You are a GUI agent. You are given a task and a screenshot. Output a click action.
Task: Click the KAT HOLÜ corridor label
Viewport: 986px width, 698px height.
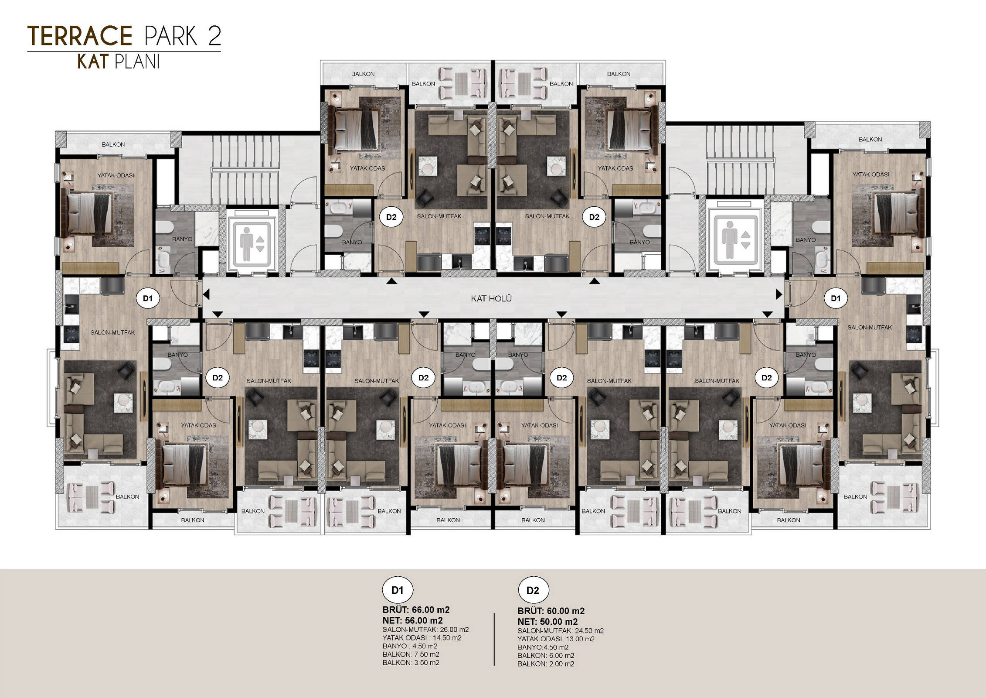491,299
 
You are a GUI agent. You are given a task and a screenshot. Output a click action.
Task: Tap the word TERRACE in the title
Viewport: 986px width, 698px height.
80,36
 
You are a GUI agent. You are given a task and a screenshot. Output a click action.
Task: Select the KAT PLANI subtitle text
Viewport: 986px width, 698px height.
119,62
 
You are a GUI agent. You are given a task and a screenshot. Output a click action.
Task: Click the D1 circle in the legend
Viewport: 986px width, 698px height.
398,591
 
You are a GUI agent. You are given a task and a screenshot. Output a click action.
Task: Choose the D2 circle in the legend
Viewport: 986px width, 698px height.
533,591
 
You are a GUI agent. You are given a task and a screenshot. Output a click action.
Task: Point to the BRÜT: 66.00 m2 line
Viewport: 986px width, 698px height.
416,610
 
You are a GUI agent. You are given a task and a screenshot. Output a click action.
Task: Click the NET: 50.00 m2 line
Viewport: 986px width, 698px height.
548,622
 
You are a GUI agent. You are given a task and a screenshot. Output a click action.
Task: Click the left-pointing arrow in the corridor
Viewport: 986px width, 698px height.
206,295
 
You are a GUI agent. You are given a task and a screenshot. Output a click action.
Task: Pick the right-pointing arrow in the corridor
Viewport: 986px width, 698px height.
779,295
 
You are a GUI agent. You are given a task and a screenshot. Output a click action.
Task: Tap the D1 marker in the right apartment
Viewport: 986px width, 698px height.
836,298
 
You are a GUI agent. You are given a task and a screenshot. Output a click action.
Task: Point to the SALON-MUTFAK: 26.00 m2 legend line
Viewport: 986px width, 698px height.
425,630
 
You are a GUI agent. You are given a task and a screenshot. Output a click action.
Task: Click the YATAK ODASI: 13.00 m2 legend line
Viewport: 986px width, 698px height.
556,639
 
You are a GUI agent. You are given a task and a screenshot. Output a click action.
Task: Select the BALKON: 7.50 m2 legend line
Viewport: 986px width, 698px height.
411,654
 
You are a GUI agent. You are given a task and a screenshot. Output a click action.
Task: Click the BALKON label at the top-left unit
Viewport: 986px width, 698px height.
113,144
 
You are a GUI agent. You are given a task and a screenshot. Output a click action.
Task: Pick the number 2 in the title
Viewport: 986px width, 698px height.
214,36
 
